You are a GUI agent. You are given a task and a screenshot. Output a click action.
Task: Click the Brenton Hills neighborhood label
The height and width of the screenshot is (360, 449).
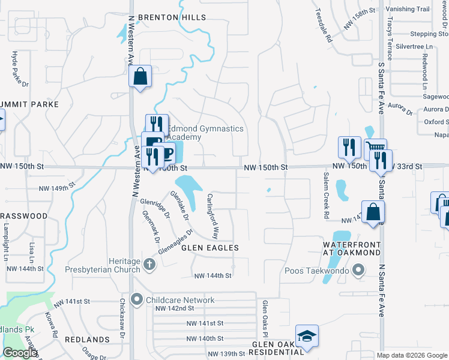pos(172,17)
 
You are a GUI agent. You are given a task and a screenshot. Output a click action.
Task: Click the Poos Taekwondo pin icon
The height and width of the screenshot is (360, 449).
pos(359,271)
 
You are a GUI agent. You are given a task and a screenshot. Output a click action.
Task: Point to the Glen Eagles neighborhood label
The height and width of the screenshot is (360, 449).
pos(210,247)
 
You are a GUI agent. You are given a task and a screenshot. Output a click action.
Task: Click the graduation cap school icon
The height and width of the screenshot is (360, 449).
pos(307,336)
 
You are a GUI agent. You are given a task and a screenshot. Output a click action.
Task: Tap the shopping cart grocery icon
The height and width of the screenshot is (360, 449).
pos(375,148)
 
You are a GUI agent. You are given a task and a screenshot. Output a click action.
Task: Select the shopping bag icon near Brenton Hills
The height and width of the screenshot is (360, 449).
pos(140,77)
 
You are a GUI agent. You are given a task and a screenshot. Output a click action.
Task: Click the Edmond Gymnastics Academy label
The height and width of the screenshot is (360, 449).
pos(205,133)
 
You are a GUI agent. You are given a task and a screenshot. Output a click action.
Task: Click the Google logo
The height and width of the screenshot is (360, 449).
pos(20,353)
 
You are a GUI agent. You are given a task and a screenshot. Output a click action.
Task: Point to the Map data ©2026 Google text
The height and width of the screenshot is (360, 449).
pos(412,355)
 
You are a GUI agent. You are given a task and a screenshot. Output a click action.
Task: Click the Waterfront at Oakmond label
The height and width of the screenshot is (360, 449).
pos(352,249)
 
